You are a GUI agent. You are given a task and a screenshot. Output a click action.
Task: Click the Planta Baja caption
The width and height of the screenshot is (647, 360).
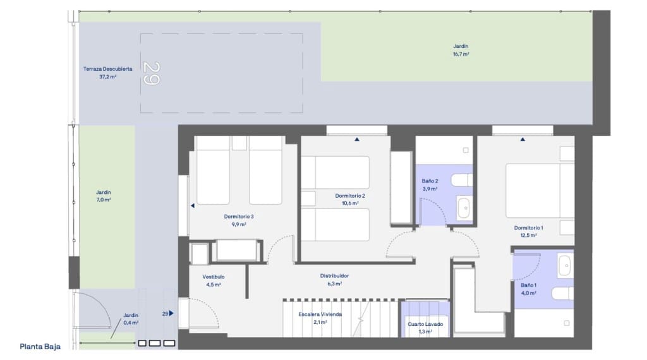(x=40, y=346)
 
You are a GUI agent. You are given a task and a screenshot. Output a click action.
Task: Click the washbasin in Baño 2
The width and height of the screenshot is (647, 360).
(x=464, y=208)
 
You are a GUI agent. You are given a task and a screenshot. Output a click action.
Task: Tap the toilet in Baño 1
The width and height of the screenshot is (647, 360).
(x=561, y=294)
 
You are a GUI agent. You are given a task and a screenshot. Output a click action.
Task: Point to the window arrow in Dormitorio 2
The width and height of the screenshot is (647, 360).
(x=357, y=139)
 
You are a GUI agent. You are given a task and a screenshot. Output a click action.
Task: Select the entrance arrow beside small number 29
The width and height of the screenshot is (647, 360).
(x=171, y=313)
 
